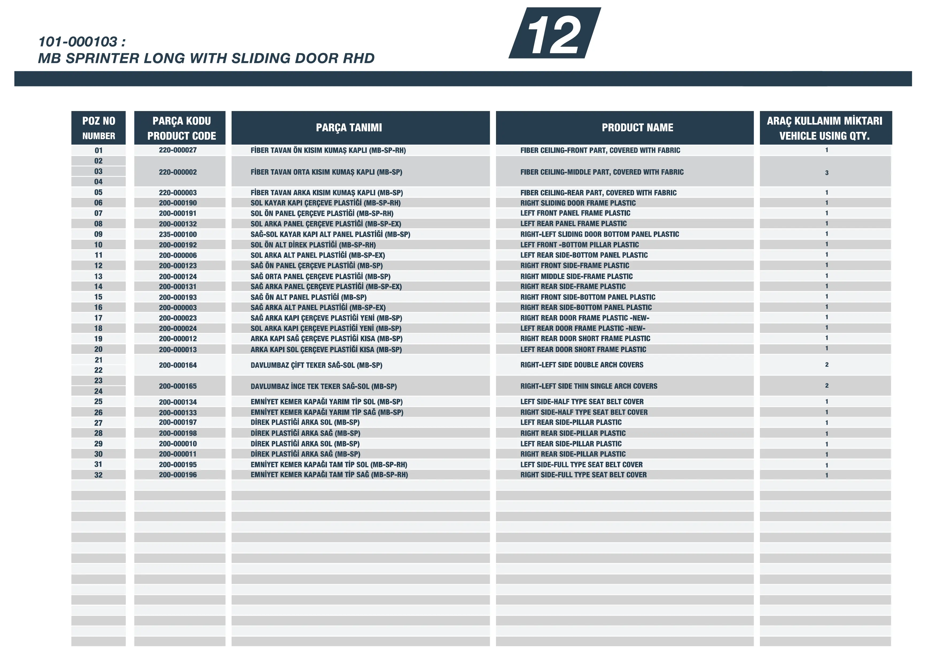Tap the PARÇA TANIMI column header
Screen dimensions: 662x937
tap(349, 128)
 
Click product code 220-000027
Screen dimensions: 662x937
tap(178, 150)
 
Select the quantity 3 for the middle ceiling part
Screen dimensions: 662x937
tap(826, 172)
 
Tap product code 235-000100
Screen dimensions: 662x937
tap(178, 234)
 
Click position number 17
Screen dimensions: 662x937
tap(98, 318)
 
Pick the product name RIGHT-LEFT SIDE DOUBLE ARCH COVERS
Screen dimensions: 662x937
tap(581, 365)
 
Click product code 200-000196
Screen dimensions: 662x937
tap(178, 475)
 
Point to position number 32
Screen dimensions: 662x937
tap(98, 475)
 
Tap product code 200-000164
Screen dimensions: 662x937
tap(178, 365)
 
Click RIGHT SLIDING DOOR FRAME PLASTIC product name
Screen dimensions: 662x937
tap(578, 203)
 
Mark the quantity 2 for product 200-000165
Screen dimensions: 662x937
tap(826, 385)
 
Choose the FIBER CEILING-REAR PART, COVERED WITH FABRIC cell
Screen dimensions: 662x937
tap(598, 192)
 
